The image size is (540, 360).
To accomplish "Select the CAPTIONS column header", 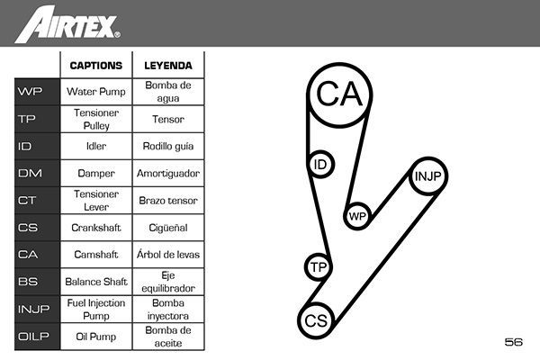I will [95, 66].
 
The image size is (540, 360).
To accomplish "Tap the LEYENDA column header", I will [167, 66].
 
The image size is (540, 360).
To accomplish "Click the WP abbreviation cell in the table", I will [30, 92].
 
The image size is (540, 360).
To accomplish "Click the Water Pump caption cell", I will [95, 92].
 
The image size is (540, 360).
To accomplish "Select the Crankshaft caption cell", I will [95, 228].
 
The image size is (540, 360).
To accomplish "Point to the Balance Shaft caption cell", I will [95, 282].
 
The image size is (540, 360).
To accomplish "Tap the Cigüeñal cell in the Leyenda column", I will [167, 228].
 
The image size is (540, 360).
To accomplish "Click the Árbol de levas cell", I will [167, 255].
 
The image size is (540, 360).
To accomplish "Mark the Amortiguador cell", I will [167, 173].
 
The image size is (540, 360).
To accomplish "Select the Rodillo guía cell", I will [167, 146].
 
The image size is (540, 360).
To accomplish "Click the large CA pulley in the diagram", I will [339, 94].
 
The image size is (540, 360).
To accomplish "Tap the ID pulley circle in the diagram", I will [319, 165].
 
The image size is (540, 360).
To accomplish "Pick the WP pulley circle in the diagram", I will [357, 216].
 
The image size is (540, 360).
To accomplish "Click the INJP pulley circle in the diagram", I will [428, 176].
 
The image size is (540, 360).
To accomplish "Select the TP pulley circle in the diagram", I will [317, 267].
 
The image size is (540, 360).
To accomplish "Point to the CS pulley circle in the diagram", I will [315, 320].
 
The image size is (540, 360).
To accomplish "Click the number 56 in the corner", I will [514, 342].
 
